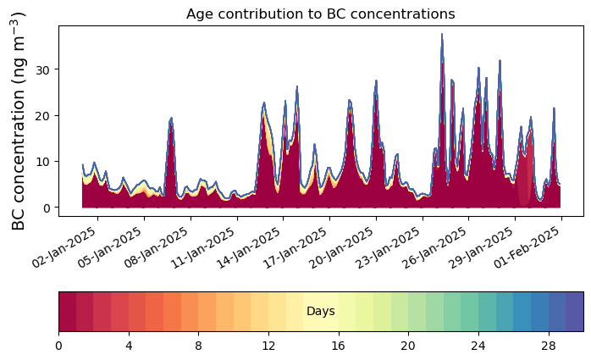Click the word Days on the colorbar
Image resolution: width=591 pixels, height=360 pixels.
click(x=320, y=312)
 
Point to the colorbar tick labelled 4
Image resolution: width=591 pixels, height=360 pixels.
click(x=129, y=346)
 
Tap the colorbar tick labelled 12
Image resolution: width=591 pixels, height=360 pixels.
click(x=268, y=346)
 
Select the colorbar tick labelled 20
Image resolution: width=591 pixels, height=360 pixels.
click(x=408, y=346)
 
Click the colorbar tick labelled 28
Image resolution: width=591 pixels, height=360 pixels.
click(x=548, y=346)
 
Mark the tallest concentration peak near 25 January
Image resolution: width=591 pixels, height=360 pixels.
click(x=442, y=36)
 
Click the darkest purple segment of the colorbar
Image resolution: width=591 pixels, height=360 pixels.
click(x=575, y=312)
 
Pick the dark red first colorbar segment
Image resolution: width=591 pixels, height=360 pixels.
click(x=67, y=312)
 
